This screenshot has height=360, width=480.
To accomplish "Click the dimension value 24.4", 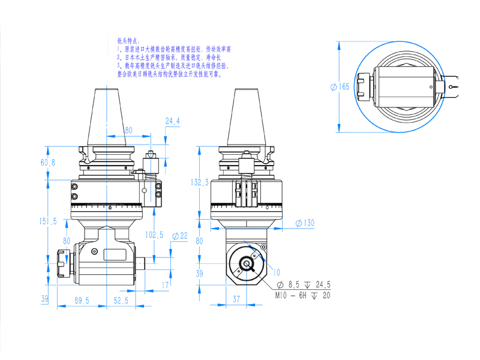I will click(x=173, y=121).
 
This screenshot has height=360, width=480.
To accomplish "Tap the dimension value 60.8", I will click(x=48, y=163).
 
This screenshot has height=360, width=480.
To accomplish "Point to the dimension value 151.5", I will click(x=48, y=221).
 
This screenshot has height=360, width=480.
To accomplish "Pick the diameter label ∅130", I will click(x=305, y=223).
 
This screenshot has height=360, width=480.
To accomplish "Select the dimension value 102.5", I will click(x=154, y=235).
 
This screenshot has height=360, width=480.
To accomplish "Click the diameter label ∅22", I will click(x=179, y=235).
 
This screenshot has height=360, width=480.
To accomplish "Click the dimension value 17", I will click(x=166, y=284).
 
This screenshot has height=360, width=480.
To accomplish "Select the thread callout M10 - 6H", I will click(x=295, y=296).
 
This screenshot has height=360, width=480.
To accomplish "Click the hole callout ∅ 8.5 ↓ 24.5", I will click(x=304, y=285).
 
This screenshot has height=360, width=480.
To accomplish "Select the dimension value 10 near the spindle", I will click(x=277, y=272).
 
